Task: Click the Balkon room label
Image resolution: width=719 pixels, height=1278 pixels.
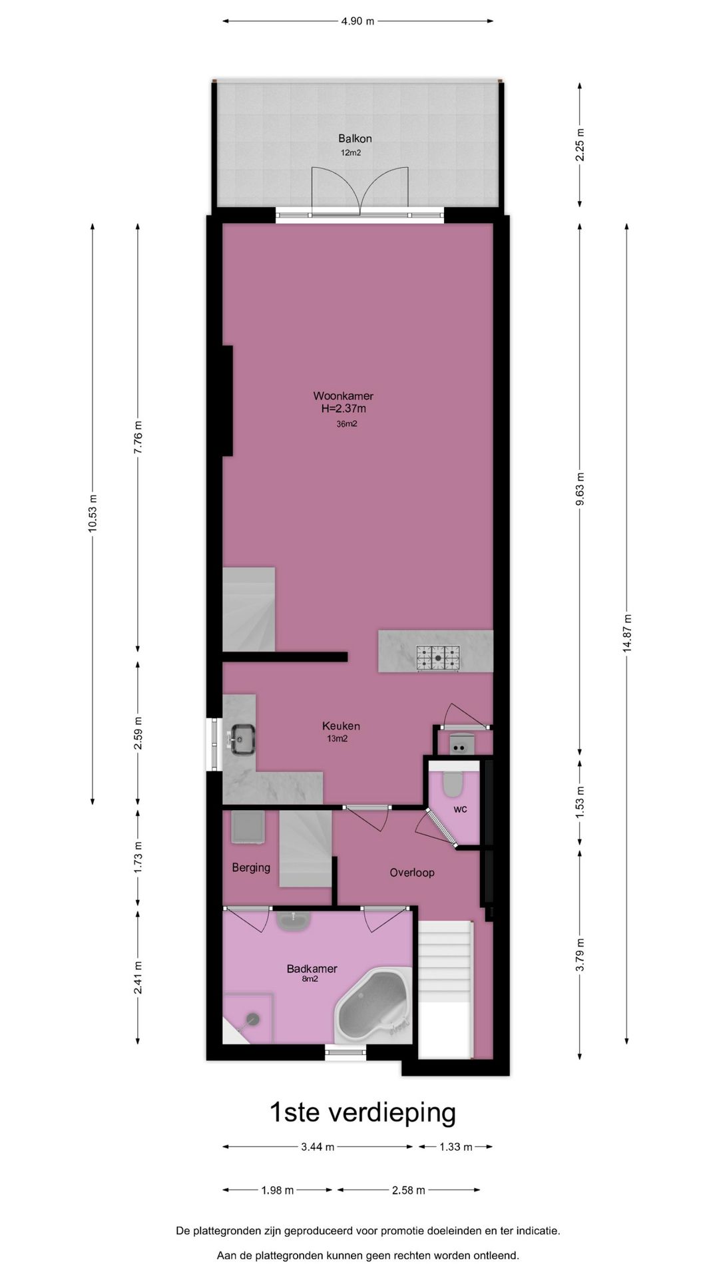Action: click(x=354, y=138)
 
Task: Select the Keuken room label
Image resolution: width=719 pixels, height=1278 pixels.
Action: click(x=341, y=726)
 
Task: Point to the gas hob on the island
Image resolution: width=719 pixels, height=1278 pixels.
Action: click(x=438, y=658)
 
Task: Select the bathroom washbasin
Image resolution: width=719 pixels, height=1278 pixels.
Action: click(x=293, y=921)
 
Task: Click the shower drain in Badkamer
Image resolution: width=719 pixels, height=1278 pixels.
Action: click(x=253, y=1018)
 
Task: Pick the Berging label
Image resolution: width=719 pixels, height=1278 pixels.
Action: click(x=251, y=867)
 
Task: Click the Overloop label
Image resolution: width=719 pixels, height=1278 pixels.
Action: click(x=412, y=872)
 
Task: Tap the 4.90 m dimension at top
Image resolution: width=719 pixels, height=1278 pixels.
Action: click(x=358, y=21)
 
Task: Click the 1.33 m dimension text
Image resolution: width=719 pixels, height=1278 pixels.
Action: click(x=455, y=1146)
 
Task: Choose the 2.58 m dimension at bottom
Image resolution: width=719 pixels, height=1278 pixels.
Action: click(x=408, y=1189)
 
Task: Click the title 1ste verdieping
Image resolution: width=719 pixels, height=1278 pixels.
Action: click(x=362, y=1112)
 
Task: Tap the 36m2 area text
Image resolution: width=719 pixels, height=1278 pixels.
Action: click(x=347, y=424)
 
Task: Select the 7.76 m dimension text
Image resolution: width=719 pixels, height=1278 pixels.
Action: click(x=138, y=437)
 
